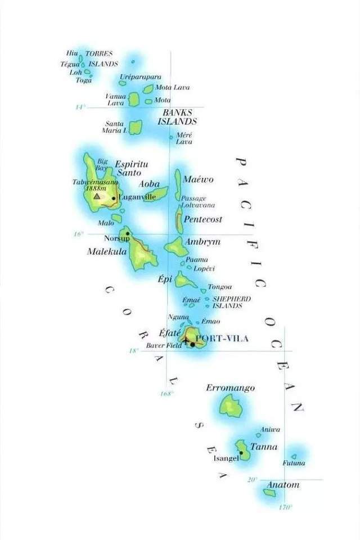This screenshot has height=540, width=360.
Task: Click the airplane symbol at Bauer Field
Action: point(186,339)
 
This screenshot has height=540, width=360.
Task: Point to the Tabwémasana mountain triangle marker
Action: point(97,196)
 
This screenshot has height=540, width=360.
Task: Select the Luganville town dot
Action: point(114,198)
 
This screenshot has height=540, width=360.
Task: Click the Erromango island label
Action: point(230,388)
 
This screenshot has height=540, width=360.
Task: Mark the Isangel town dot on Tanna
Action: point(241,452)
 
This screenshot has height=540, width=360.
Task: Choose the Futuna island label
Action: point(294,463)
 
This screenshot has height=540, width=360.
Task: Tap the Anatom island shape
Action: point(269,493)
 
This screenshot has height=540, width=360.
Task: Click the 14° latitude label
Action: point(80,107)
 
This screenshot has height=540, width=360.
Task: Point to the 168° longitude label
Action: point(166,394)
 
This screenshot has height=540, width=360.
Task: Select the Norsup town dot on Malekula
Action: point(128,233)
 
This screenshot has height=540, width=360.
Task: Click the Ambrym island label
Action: point(202,242)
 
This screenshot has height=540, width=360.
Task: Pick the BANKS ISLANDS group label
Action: point(177,116)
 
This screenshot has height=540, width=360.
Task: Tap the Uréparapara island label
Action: point(141,76)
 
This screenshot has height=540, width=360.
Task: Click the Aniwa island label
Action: point(270,429)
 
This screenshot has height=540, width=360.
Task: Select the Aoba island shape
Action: point(156,195)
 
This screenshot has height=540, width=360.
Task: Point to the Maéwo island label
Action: point(199,179)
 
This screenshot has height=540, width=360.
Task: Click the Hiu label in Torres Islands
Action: point(72,53)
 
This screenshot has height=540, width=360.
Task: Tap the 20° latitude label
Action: point(251,479)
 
